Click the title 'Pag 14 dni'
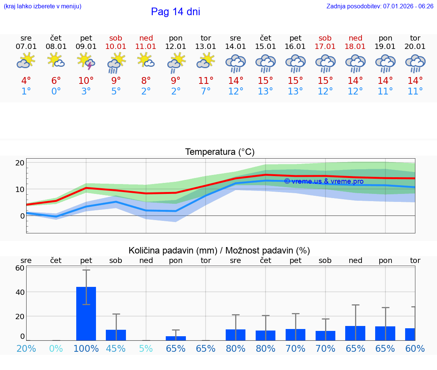175,12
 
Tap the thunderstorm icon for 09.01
86,61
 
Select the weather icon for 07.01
26,61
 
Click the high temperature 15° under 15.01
266,80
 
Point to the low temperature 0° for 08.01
56,91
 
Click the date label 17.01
325,46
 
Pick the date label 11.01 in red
146,46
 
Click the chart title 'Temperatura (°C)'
220,152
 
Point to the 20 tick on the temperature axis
20,163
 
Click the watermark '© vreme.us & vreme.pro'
324,181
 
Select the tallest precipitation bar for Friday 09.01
86,313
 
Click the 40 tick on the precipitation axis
20,292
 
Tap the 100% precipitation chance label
86,348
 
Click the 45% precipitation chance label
116,348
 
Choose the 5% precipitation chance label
146,348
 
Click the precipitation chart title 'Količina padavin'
219,250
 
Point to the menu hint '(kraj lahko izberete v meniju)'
42,6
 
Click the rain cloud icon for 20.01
415,63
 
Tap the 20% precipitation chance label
26,348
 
